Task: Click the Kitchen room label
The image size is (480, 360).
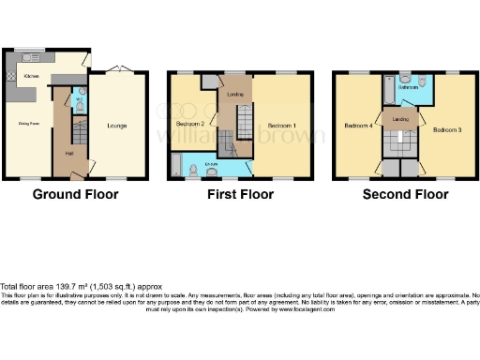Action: coord(31,75)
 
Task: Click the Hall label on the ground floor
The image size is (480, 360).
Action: coord(68,153)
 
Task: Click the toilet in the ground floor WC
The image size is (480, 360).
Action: coord(79,109)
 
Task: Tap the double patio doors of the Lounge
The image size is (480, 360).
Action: coord(117,69)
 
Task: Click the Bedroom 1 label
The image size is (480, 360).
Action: coord(281,125)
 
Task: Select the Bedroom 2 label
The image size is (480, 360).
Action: coord(190,123)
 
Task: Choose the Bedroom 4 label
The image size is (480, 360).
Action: coord(357,125)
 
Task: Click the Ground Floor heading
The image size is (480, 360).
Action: coord(75,195)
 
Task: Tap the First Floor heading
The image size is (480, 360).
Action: coord(241,195)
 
